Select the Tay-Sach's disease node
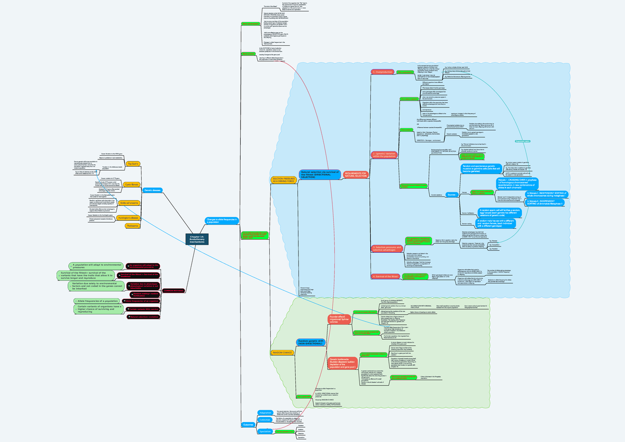tap(133, 164)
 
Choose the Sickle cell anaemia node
tap(130, 203)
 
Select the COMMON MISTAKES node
tap(173, 290)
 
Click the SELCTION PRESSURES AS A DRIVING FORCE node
tap(283, 179)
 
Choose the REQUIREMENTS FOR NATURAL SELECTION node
tap(356, 175)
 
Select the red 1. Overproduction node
tap(383, 71)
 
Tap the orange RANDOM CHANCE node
tap(282, 353)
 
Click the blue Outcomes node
tap(248, 424)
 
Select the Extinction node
tap(265, 419)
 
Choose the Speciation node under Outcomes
tap(266, 431)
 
